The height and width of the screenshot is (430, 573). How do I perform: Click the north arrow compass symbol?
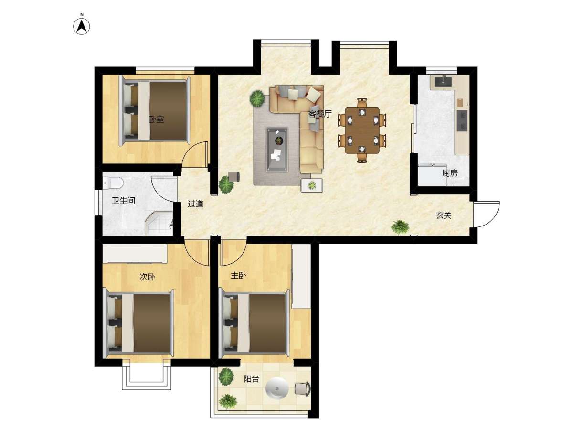[82, 26]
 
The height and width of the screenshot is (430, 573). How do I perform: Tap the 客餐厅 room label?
[320, 114]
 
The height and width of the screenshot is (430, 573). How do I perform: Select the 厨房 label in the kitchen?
[450, 173]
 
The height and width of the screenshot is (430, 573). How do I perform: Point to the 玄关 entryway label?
[444, 215]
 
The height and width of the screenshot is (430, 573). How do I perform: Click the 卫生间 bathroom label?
[123, 201]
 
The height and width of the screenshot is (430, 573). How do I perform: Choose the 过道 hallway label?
[195, 204]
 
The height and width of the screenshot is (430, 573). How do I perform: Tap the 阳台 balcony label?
[251, 378]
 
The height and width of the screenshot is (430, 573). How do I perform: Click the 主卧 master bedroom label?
[238, 276]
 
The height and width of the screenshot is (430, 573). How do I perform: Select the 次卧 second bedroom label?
[147, 277]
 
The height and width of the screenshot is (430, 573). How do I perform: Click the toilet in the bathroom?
[113, 183]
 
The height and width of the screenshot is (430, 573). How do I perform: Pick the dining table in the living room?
[362, 130]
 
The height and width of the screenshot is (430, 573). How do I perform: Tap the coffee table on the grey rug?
[277, 150]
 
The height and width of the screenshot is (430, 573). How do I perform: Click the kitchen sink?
[443, 81]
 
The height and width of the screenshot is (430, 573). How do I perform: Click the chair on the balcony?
[303, 389]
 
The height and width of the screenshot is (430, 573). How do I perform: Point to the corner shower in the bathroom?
[159, 224]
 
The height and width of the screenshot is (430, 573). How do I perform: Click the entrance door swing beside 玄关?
[486, 214]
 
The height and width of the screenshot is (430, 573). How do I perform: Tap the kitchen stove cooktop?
[462, 121]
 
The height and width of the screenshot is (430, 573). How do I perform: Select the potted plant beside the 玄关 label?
[400, 227]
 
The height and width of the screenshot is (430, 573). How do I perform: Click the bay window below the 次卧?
[147, 376]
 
